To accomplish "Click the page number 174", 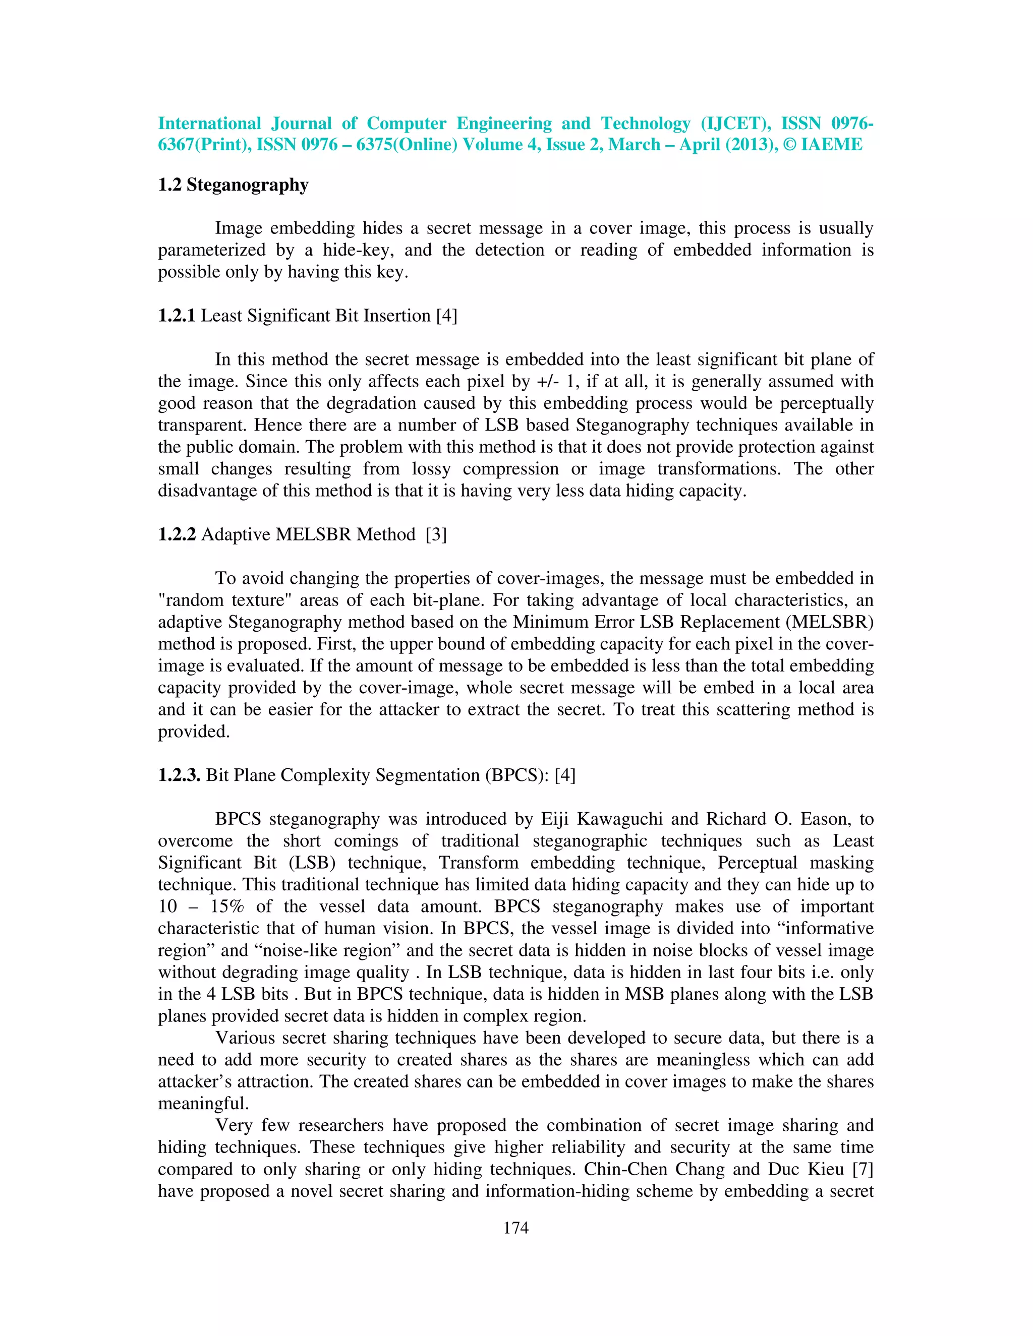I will (515, 1227).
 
